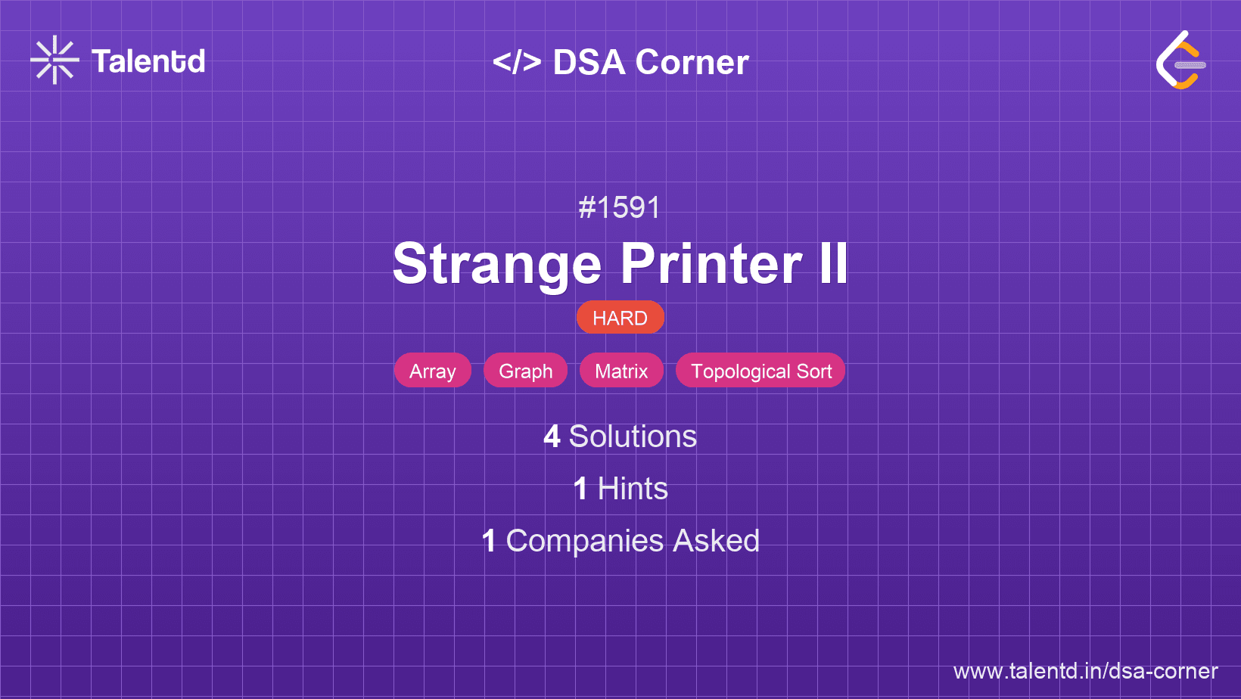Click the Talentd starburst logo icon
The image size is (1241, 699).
click(54, 60)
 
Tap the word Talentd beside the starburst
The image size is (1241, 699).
click(148, 61)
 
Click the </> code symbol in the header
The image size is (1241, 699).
click(517, 61)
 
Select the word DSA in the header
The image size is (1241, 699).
click(589, 61)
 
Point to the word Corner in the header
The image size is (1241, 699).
click(692, 61)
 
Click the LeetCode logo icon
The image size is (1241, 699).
click(1180, 60)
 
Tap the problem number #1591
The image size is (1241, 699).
click(619, 208)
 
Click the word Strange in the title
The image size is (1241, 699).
click(497, 265)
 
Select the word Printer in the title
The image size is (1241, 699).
click(711, 263)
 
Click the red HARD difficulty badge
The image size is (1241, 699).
click(620, 318)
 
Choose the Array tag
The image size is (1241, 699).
click(433, 370)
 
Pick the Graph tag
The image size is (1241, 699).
click(525, 370)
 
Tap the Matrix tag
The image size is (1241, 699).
click(621, 370)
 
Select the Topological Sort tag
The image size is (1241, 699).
click(760, 370)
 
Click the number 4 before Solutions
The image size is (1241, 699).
click(552, 436)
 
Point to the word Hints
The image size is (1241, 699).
click(633, 489)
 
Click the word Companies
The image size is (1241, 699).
click(584, 541)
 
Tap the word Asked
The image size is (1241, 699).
click(717, 541)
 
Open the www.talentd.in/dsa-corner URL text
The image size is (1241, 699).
click(1085, 671)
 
